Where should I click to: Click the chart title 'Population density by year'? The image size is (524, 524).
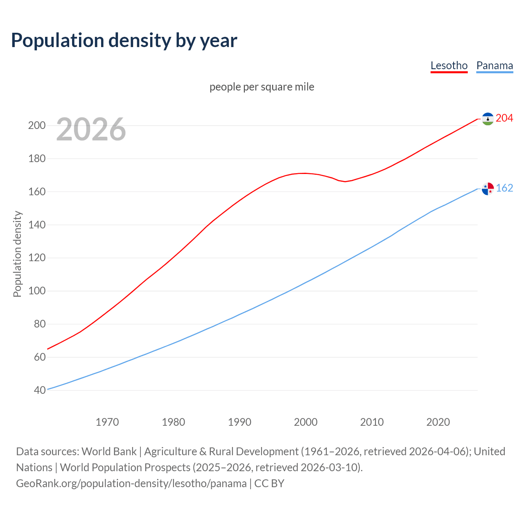(124, 40)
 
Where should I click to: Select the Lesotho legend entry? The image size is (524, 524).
(449, 65)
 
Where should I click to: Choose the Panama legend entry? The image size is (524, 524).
(495, 65)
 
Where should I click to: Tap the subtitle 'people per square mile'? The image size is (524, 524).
(262, 87)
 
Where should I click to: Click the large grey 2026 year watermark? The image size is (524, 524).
(91, 129)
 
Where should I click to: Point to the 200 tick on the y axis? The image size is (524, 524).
(37, 125)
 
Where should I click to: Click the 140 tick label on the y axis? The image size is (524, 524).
(37, 225)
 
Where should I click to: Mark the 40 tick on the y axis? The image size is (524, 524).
(40, 390)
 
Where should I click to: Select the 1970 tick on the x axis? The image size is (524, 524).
(107, 422)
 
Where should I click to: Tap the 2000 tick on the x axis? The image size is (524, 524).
(306, 422)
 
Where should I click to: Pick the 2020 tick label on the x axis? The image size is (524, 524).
(438, 422)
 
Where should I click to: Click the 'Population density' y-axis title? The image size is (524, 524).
(17, 254)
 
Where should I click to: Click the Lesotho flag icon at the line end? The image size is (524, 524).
(488, 119)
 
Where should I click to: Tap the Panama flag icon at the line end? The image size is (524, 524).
(488, 189)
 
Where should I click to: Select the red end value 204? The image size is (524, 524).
(504, 118)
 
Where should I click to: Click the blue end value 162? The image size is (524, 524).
(504, 188)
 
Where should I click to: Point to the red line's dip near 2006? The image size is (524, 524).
(345, 181)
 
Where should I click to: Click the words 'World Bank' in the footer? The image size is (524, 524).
(109, 451)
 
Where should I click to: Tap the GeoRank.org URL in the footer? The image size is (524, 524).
(131, 483)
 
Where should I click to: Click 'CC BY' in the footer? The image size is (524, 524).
(269, 483)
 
